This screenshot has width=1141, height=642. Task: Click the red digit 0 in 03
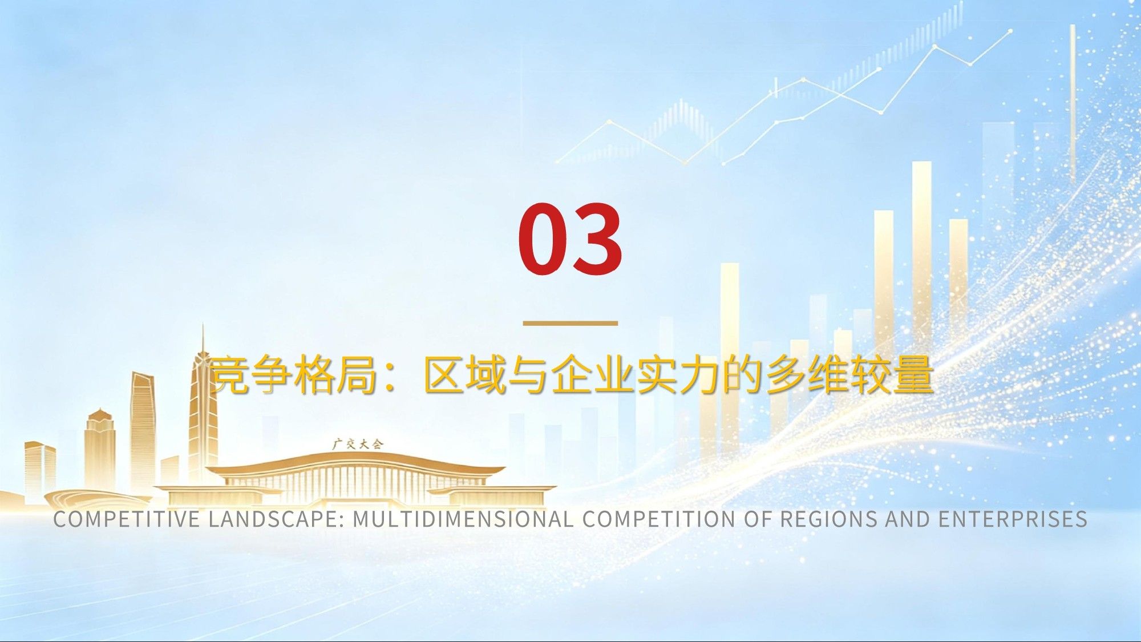543,239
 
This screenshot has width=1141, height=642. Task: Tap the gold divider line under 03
570,323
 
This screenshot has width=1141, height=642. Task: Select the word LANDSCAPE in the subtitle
276,519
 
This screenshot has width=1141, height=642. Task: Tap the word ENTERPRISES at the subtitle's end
1013,519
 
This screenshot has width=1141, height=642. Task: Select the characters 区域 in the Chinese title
464,375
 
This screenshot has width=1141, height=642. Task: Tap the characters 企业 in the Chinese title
593,375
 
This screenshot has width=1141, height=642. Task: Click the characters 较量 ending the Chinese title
892,375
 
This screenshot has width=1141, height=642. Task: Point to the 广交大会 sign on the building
358,443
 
